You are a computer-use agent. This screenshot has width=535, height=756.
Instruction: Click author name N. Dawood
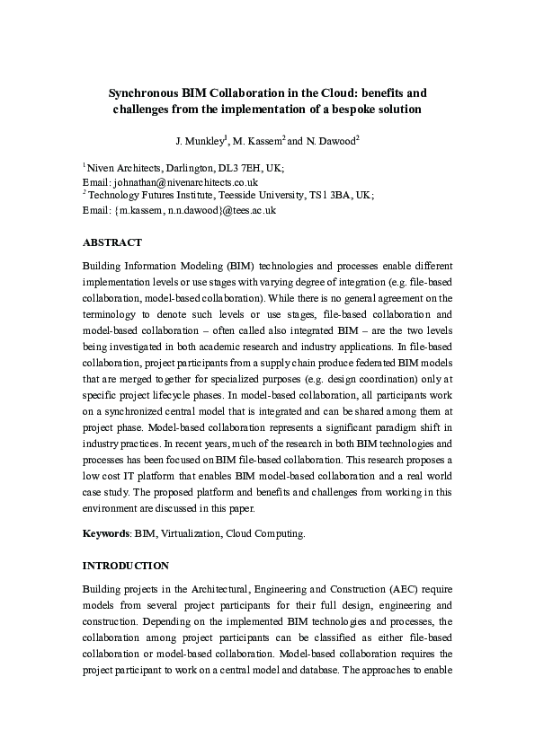coord(335,142)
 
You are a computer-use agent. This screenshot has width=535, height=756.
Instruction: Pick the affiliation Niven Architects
coord(121,168)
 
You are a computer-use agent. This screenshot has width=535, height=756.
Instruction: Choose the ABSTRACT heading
coord(111,242)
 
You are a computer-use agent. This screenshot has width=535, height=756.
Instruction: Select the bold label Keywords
coord(105,533)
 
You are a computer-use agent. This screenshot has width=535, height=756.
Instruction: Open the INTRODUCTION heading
coord(125,567)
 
